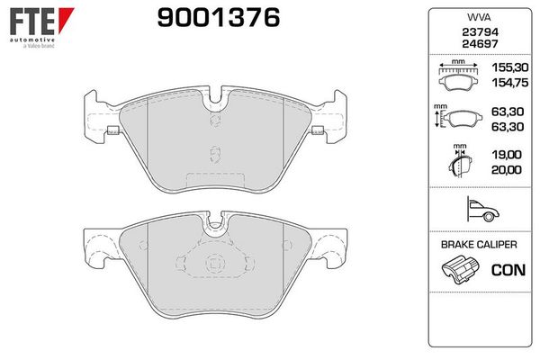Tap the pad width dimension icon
coord(459,75)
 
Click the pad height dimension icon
coord(459,118)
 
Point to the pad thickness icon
coord(459,162)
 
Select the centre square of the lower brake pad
coord(213,265)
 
